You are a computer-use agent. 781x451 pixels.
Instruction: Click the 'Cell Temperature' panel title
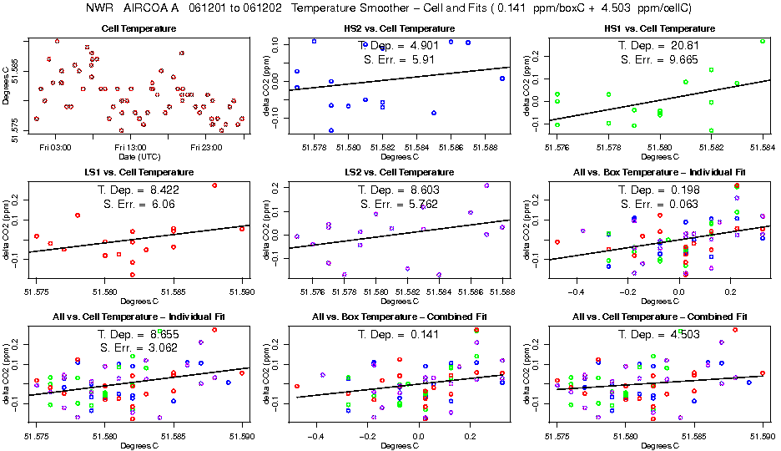pyautogui.click(x=139, y=29)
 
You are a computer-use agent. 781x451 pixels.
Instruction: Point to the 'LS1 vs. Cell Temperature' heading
pyautogui.click(x=139, y=173)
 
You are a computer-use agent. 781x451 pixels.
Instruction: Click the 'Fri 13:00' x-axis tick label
pyautogui.click(x=129, y=148)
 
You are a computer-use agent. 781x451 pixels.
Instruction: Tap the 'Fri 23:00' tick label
pyautogui.click(x=206, y=148)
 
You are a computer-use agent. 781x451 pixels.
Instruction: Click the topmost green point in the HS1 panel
pyautogui.click(x=763, y=41)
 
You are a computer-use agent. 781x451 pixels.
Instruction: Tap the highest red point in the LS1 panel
pyautogui.click(x=214, y=185)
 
